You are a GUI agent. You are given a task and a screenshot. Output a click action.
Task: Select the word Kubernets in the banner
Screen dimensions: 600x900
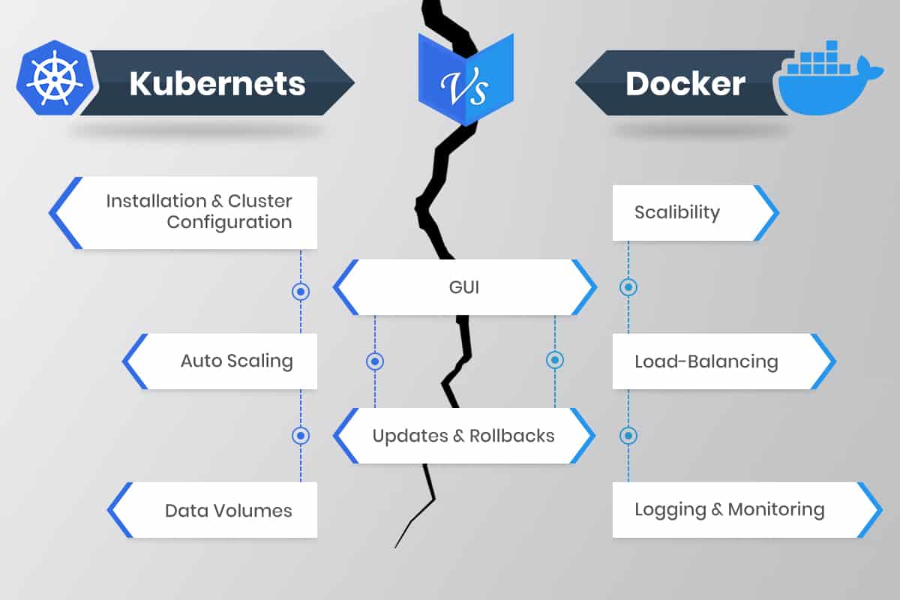(x=217, y=83)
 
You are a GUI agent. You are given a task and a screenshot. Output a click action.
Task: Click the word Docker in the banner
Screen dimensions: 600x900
(x=685, y=83)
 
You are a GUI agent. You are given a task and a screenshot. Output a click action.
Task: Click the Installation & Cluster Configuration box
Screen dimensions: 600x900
(x=199, y=212)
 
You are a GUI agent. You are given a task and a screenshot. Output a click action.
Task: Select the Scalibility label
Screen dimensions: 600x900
(x=676, y=212)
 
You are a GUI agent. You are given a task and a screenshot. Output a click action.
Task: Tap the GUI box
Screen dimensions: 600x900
(x=465, y=286)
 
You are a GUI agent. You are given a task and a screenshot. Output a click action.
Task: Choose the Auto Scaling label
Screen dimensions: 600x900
(x=236, y=361)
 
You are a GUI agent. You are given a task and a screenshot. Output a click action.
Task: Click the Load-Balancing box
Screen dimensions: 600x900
(x=706, y=361)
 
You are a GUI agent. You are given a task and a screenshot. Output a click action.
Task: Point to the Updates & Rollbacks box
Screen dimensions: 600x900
(x=463, y=436)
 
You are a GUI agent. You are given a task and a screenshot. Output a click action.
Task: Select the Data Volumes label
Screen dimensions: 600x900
(x=228, y=511)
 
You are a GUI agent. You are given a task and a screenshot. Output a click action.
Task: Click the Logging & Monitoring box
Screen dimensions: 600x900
(x=729, y=510)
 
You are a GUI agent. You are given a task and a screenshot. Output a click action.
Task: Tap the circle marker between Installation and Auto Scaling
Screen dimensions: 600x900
(x=301, y=291)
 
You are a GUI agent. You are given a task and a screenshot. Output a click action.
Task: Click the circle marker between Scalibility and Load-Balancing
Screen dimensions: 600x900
(x=628, y=286)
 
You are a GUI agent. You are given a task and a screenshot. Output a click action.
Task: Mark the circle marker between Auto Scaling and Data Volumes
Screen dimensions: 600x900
(x=301, y=435)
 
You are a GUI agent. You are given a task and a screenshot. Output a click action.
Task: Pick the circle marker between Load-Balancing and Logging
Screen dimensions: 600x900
(x=628, y=435)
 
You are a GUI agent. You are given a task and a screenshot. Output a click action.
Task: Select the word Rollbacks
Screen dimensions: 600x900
(x=511, y=436)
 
